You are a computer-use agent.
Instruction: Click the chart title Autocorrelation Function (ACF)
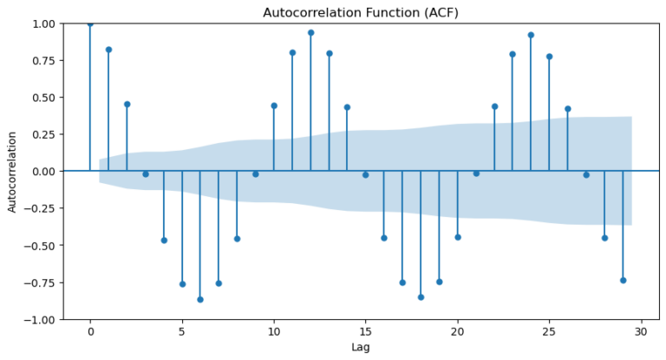click(361, 12)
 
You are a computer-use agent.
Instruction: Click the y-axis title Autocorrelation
click(12, 172)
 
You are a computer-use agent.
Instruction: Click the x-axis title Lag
click(361, 347)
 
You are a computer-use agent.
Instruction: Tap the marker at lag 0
click(90, 23)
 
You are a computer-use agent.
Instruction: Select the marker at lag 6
click(200, 299)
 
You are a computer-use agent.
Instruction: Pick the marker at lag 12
click(310, 33)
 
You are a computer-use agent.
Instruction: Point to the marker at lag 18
click(421, 297)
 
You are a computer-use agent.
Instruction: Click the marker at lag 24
click(531, 35)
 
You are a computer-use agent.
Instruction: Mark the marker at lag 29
click(623, 280)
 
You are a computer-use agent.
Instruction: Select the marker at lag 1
click(108, 49)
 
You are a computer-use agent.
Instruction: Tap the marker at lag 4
click(164, 240)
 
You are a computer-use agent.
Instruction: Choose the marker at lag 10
click(274, 106)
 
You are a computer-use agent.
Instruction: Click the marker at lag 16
click(384, 238)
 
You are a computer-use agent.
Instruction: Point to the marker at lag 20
click(458, 237)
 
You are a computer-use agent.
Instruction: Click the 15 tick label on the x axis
click(366, 331)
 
